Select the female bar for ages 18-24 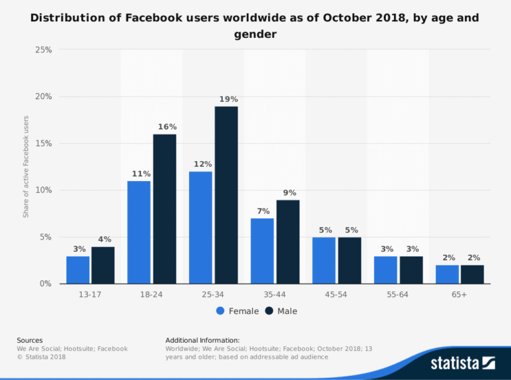click(139, 232)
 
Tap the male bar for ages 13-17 click(103, 266)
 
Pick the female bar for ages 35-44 click(262, 251)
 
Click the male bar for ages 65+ click(472, 274)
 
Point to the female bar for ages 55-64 click(385, 270)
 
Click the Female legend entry click(238, 311)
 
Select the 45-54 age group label click(336, 294)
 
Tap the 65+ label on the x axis click(459, 294)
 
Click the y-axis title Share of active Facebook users click(26, 166)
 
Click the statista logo click(463, 363)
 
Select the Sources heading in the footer click(30, 340)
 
